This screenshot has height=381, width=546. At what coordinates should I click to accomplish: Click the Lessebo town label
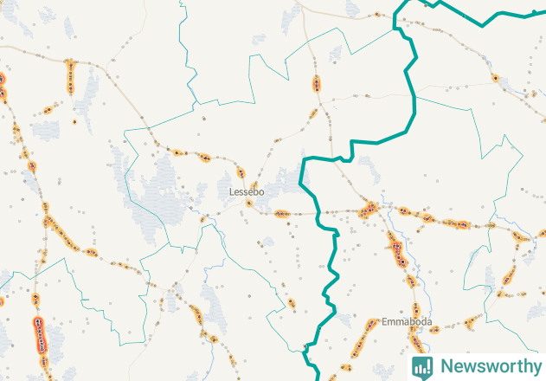[x=247, y=191]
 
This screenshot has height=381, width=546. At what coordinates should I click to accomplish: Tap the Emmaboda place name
[x=407, y=322]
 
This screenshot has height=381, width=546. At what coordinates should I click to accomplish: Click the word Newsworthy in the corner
[x=488, y=366]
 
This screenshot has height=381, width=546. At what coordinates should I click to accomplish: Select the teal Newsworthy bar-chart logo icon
[x=422, y=366]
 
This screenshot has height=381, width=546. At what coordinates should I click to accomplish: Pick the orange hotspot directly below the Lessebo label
[x=249, y=204]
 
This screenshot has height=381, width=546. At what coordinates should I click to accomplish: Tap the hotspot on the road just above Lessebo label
[x=241, y=172]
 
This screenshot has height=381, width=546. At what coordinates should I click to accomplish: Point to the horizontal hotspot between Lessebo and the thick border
[x=282, y=213]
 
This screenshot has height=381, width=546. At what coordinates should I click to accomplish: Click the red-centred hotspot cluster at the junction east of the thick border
[x=369, y=210]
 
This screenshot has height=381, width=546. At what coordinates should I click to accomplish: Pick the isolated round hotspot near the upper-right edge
[x=495, y=78]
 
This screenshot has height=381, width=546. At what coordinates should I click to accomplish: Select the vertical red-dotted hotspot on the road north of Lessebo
[x=318, y=84]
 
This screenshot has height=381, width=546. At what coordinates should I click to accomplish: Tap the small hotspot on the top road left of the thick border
[x=378, y=15]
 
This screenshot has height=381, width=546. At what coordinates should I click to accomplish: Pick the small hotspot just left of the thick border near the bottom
[x=292, y=303]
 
